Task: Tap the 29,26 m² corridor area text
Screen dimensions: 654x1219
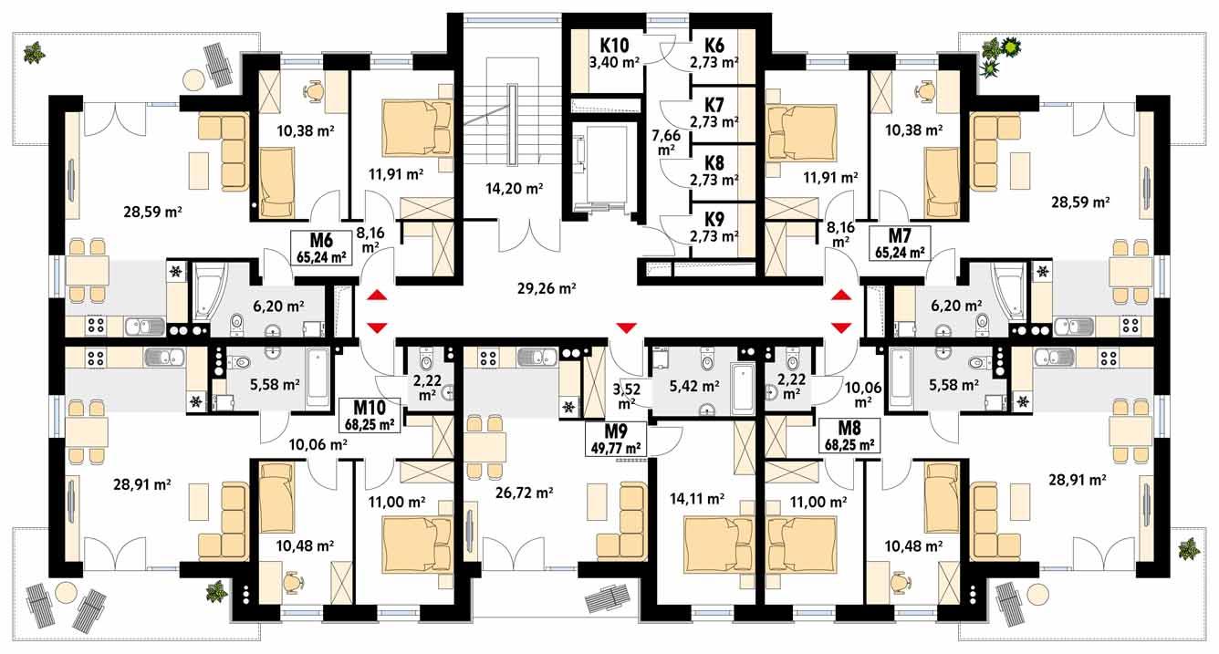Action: click(546, 289)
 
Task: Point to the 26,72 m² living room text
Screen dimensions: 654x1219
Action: click(524, 493)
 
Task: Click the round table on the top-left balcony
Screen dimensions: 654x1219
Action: click(192, 80)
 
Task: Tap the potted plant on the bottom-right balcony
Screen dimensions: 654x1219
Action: click(1187, 548)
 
